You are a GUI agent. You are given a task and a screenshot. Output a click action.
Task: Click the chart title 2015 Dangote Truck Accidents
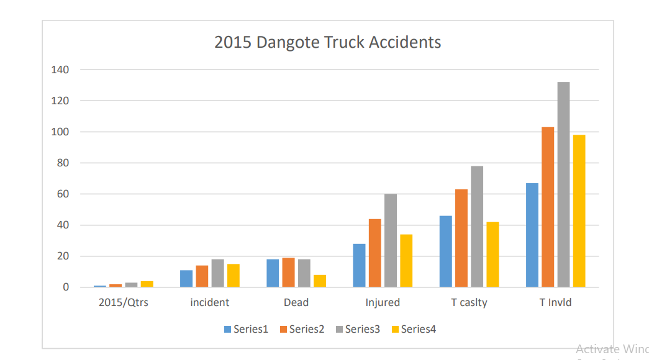pyautogui.click(x=327, y=42)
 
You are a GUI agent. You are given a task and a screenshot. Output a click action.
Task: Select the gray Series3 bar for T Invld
pyautogui.click(x=563, y=184)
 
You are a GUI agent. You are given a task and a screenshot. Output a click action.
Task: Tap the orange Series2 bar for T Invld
pyautogui.click(x=548, y=207)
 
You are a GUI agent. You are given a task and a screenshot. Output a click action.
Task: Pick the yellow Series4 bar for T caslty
pyautogui.click(x=492, y=254)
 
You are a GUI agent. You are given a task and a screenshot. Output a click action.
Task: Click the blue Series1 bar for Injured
pyautogui.click(x=359, y=265)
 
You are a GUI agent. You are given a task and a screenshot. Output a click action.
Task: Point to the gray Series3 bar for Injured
pyautogui.click(x=390, y=240)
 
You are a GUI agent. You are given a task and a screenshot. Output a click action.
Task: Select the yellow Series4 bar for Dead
pyautogui.click(x=320, y=281)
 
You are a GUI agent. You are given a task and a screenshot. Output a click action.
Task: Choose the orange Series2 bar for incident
pyautogui.click(x=202, y=276)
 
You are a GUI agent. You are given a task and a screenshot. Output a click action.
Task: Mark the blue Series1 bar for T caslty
pyautogui.click(x=446, y=251)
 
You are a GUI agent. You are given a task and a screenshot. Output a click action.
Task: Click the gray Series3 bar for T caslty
pyautogui.click(x=477, y=227)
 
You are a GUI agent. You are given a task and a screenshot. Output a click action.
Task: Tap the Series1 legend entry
pyautogui.click(x=246, y=329)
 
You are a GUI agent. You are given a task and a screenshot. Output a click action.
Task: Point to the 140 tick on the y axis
pyautogui.click(x=60, y=70)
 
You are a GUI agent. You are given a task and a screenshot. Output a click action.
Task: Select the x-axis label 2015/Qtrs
pyautogui.click(x=124, y=303)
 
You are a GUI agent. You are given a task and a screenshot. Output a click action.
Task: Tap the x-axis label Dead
pyautogui.click(x=296, y=303)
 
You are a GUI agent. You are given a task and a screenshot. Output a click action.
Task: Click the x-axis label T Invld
pyautogui.click(x=555, y=303)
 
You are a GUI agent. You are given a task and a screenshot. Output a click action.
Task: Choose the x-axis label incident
pyautogui.click(x=210, y=303)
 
